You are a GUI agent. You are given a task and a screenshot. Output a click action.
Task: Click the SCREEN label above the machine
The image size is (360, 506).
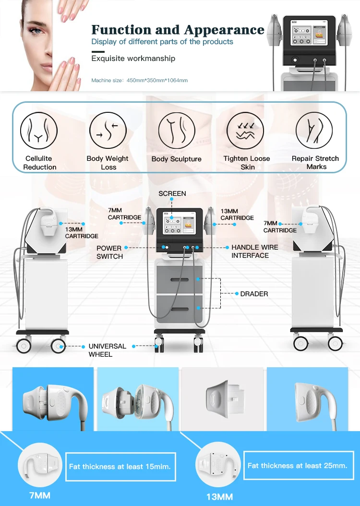pyautogui.click(x=172, y=193)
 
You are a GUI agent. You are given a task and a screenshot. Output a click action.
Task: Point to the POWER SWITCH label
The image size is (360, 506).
pyautogui.click(x=109, y=253)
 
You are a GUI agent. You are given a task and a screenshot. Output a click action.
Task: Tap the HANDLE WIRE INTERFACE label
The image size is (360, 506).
pyautogui.click(x=254, y=252)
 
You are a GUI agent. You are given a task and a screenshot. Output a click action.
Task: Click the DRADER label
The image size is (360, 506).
pyautogui.click(x=254, y=294)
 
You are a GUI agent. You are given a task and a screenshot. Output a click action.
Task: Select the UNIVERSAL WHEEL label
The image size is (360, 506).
pyautogui.click(x=107, y=350)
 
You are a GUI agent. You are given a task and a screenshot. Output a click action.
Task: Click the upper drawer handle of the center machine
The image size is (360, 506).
pyautogui.click(x=180, y=279)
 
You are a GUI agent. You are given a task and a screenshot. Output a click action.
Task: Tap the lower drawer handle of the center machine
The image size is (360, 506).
pyautogui.click(x=180, y=309)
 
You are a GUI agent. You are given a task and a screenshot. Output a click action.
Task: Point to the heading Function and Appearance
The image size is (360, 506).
pyautogui.click(x=178, y=30)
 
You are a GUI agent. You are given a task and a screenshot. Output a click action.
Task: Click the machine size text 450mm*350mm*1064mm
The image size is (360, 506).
pyautogui.click(x=157, y=80)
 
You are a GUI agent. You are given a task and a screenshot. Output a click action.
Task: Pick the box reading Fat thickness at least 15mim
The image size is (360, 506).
pyautogui.click(x=120, y=467)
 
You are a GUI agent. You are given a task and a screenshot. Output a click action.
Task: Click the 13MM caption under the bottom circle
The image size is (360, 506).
pyautogui.click(x=220, y=497)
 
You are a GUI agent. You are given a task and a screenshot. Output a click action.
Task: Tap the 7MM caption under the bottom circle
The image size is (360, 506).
pyautogui.click(x=40, y=495)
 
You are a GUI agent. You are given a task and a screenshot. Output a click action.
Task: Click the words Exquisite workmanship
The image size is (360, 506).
pyautogui.click(x=133, y=59)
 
